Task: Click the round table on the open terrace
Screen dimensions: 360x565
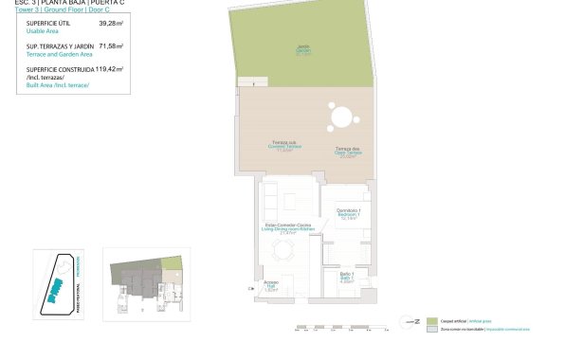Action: click(x=342, y=118)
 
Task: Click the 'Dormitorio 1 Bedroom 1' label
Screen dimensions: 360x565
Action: click(x=346, y=214)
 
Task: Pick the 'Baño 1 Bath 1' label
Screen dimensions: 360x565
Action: click(x=346, y=278)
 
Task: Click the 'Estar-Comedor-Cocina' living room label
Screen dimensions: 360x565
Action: click(x=288, y=228)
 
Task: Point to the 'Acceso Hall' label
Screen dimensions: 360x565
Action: click(x=270, y=287)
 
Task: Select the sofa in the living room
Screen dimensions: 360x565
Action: click(x=271, y=198)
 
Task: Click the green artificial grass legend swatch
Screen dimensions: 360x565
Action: click(x=431, y=322)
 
